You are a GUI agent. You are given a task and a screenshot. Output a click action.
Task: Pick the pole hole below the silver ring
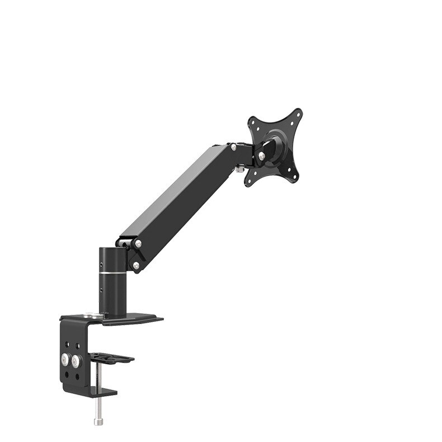click(102, 290)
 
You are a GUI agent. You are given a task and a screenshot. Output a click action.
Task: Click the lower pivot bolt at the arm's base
click(135, 265)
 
